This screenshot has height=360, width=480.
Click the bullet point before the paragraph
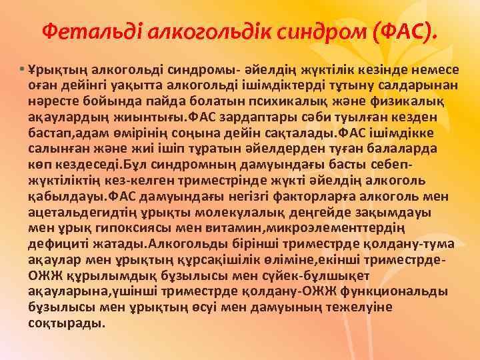click(22, 70)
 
